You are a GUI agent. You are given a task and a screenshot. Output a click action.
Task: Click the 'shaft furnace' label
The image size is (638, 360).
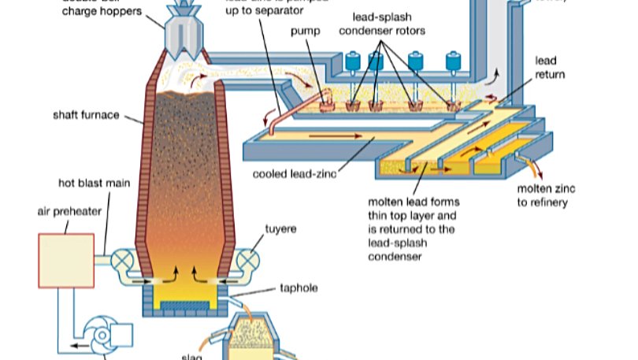point(86,115)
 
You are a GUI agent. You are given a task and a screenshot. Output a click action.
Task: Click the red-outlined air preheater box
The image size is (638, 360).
point(66,260)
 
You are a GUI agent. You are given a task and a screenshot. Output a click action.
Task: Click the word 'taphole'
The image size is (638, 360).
point(299,288)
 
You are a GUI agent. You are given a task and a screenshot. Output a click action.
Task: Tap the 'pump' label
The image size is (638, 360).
point(305,32)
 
